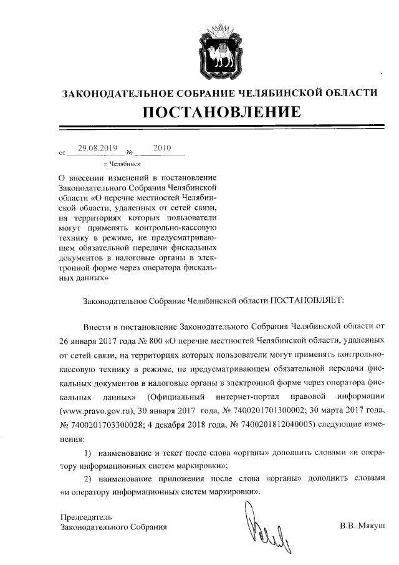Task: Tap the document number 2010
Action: [x=161, y=148]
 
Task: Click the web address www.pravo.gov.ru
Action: [x=97, y=411]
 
